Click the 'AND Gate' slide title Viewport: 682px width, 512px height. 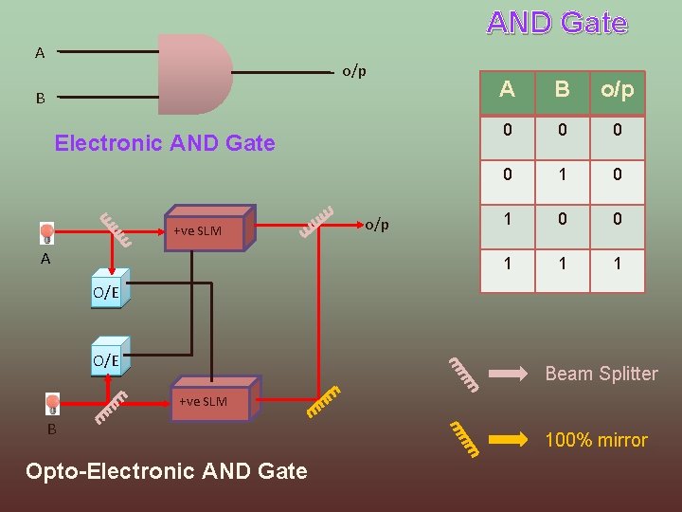(x=557, y=24)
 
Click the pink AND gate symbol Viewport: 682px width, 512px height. (x=194, y=74)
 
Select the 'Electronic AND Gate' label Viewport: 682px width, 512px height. (x=165, y=143)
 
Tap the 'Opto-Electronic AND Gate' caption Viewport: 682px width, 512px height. (x=167, y=471)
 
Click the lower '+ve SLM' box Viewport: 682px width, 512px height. (x=208, y=402)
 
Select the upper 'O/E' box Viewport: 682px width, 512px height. (x=106, y=292)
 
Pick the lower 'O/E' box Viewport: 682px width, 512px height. (x=106, y=360)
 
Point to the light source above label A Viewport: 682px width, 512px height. (x=46, y=231)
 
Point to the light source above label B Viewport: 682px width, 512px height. (x=53, y=404)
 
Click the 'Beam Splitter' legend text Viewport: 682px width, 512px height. (x=601, y=374)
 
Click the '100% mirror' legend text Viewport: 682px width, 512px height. (x=596, y=440)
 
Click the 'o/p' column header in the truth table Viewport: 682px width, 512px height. (x=618, y=91)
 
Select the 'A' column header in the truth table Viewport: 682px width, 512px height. (x=508, y=91)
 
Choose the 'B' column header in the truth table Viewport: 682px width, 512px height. (x=563, y=91)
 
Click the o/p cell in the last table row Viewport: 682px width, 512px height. (x=618, y=264)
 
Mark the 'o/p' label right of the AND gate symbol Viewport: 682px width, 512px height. (x=354, y=71)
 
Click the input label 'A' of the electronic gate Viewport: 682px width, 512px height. (x=40, y=53)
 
